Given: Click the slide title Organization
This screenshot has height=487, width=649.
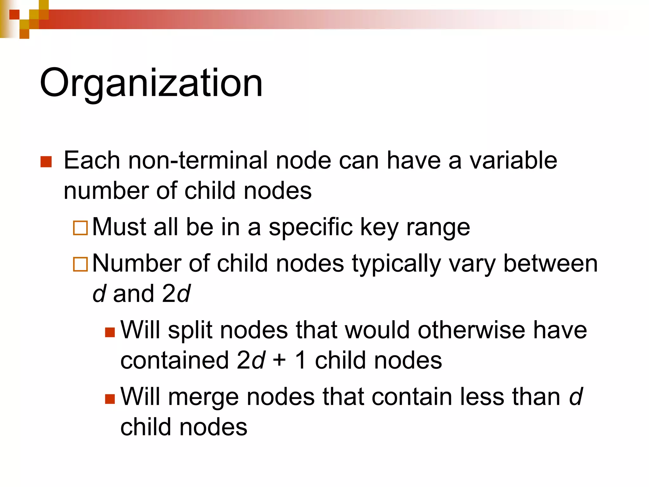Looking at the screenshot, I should click(151, 83).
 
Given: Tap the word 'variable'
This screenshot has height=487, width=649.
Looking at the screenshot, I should click(513, 160).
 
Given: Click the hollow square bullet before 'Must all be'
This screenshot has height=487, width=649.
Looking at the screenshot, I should click(80, 228).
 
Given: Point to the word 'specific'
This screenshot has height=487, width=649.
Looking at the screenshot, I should click(311, 228).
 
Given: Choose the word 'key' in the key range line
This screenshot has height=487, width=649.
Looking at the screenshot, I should click(379, 228).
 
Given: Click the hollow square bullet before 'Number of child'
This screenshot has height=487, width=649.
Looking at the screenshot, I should click(80, 264).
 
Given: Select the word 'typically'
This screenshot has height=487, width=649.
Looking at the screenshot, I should click(396, 264).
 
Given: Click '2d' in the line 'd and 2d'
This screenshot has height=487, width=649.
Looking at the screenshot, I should click(176, 294).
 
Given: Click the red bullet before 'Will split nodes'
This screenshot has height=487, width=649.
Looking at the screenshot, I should click(110, 332).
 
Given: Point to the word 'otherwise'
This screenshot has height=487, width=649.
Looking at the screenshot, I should click(471, 330).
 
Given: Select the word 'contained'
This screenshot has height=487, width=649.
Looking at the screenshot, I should click(175, 360).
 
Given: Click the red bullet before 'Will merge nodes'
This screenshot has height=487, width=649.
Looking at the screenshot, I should click(110, 399).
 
